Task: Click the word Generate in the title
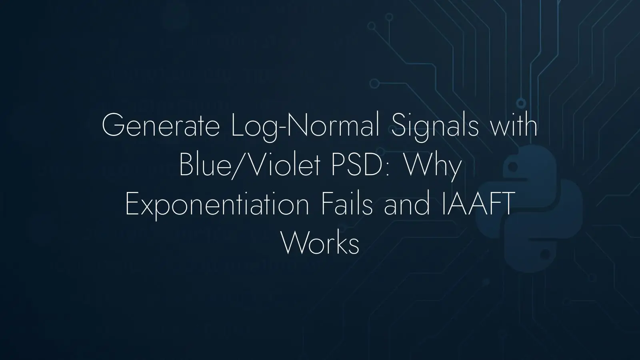[160, 125]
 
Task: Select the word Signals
[434, 128]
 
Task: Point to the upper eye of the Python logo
[513, 167]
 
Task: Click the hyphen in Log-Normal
[282, 129]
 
